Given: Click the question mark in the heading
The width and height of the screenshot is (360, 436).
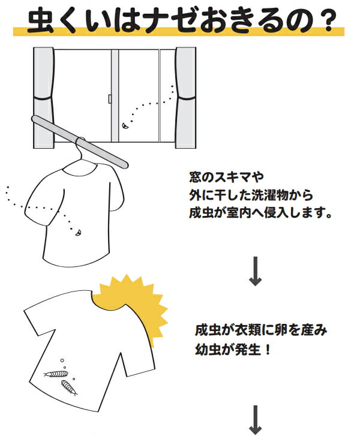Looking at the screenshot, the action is point(325,21).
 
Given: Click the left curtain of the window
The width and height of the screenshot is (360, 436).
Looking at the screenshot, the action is point(43,98).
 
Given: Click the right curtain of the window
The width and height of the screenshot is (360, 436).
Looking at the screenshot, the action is point(185,98).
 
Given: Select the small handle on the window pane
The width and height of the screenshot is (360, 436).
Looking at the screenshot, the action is point(110,99).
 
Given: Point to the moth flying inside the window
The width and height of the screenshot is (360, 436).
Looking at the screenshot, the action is point(125,126).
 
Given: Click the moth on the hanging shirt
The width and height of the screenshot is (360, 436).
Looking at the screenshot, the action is point(79,233).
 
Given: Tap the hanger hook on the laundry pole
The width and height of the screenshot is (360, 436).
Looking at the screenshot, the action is point(79,148).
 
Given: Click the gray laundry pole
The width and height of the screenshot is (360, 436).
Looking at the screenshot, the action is point(80,142).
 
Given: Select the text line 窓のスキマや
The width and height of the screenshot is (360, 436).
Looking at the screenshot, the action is point(226,177).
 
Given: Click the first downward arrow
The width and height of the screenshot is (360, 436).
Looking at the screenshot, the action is point(255,271).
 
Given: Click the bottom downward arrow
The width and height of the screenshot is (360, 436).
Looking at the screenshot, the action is point(255,420).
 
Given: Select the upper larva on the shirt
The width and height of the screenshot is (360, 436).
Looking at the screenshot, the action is point(56,374).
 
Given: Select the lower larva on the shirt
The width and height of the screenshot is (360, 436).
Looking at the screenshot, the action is point(69,387).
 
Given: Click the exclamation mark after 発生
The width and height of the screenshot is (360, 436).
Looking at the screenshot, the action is point(268,349).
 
